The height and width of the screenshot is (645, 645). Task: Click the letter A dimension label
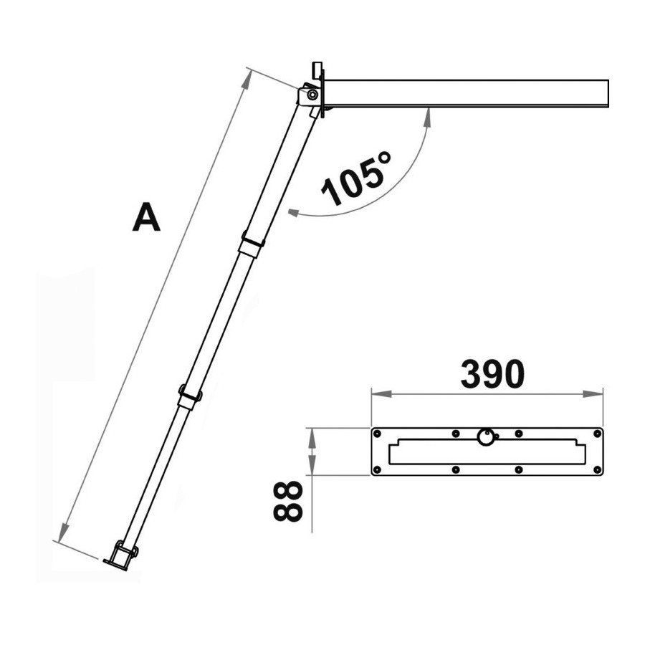click(x=146, y=216)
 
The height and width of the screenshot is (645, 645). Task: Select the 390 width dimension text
click(x=492, y=374)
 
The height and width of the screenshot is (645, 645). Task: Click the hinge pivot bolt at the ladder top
click(x=312, y=95)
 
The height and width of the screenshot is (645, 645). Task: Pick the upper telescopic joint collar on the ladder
click(x=252, y=245)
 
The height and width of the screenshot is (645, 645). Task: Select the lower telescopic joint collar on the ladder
click(x=190, y=396)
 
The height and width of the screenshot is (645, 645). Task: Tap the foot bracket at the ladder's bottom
click(x=121, y=555)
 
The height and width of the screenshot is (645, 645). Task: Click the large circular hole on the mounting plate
click(x=486, y=437)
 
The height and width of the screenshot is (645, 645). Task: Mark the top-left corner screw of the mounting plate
click(x=377, y=434)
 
